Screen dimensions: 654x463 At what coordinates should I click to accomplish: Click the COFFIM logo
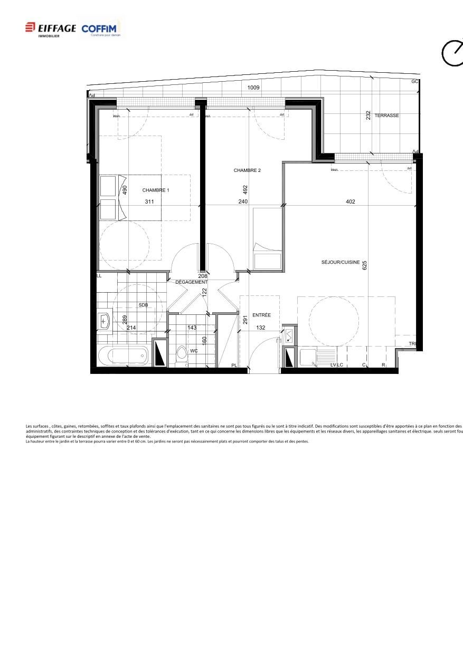[x=101, y=29]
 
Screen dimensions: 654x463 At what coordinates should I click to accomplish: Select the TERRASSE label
[x=386, y=116]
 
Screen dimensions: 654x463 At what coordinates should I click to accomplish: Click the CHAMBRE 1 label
[x=156, y=190]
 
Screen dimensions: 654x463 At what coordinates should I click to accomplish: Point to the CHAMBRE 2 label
[x=247, y=170]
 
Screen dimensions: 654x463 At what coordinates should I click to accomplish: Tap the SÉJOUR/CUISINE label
[x=341, y=262]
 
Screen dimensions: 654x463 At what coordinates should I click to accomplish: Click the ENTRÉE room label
[x=261, y=315]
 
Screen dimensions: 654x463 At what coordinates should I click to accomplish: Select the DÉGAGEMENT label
[x=191, y=282]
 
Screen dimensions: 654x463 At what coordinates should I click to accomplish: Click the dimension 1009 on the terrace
[x=253, y=88]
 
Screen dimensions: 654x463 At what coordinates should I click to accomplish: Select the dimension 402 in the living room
[x=350, y=201]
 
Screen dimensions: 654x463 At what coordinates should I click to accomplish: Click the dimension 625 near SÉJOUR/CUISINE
[x=364, y=265]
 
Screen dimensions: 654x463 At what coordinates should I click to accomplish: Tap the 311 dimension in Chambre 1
[x=149, y=201]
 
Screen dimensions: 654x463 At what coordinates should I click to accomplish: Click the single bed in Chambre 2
[x=267, y=239]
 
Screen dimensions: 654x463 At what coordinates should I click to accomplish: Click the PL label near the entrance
[x=234, y=366]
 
